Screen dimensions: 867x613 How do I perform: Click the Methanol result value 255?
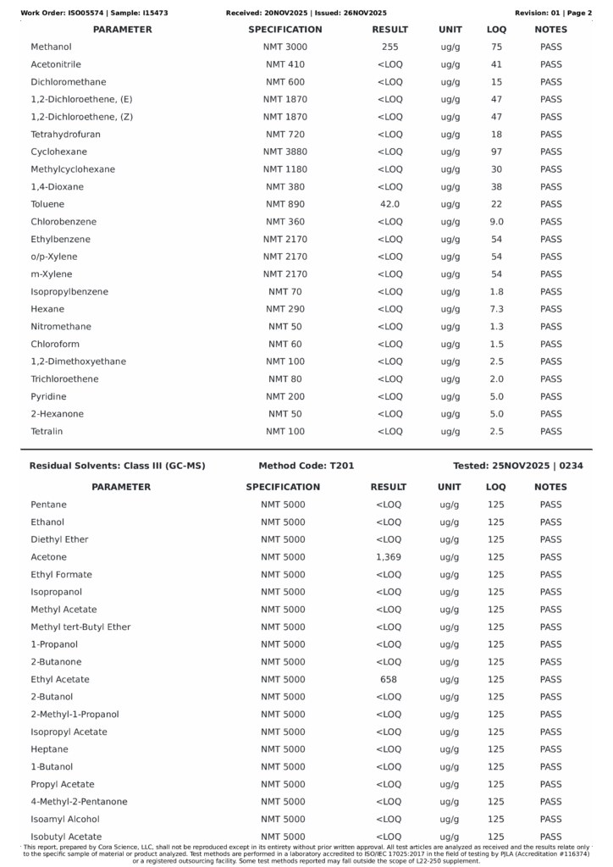click(x=389, y=47)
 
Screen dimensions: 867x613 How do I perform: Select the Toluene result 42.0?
click(x=389, y=204)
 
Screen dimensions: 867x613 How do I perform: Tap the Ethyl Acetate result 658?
click(x=388, y=679)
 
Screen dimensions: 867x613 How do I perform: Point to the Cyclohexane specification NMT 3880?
click(x=284, y=152)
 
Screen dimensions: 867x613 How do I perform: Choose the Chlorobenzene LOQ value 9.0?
click(x=496, y=222)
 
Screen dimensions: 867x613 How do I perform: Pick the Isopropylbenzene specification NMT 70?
click(x=284, y=292)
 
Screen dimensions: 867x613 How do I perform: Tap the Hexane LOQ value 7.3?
click(x=496, y=309)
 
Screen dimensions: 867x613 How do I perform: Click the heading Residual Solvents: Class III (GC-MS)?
click(x=117, y=466)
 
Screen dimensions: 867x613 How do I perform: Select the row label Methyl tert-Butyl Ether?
click(x=80, y=627)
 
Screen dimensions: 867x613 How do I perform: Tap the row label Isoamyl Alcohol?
click(x=64, y=819)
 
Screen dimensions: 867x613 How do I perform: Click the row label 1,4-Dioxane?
click(x=57, y=187)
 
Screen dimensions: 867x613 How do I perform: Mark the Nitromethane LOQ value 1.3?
click(x=496, y=327)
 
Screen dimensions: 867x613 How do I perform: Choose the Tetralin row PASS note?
click(x=550, y=432)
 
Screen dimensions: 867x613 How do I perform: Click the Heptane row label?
click(x=49, y=749)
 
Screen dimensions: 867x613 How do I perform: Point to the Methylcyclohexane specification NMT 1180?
click(x=284, y=169)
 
